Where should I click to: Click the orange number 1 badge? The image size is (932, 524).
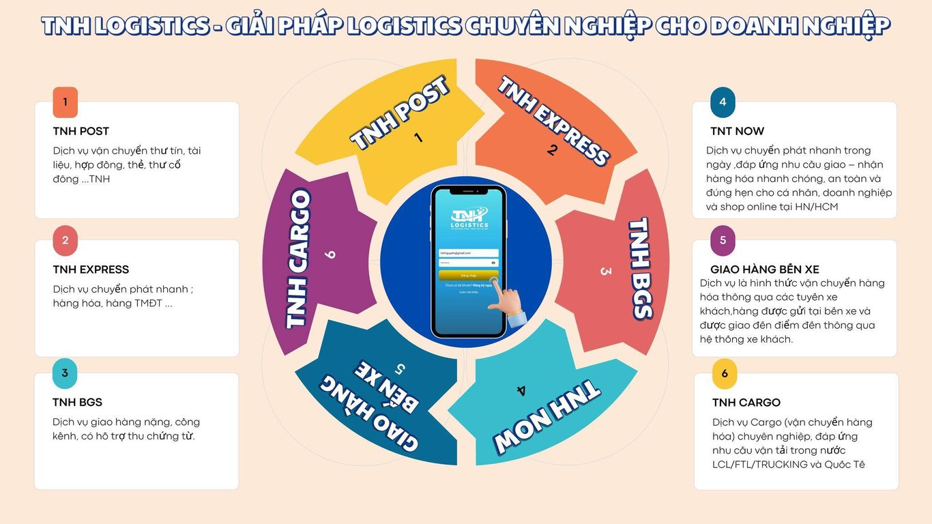click(65, 102)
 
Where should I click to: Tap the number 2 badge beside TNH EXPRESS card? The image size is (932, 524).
click(65, 240)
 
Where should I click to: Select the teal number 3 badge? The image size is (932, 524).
click(65, 373)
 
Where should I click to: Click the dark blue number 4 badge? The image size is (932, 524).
click(723, 102)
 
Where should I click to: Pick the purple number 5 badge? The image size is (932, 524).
click(723, 240)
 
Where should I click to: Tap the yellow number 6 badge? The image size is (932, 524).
click(725, 373)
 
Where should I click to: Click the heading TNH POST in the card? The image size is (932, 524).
click(81, 131)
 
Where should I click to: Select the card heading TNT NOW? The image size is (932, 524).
click(737, 131)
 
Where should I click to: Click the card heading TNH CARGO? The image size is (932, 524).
click(746, 403)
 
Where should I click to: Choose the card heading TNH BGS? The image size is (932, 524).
click(77, 403)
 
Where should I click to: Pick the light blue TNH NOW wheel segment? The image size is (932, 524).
click(539, 409)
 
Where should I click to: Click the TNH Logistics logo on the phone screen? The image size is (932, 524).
click(469, 217)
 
